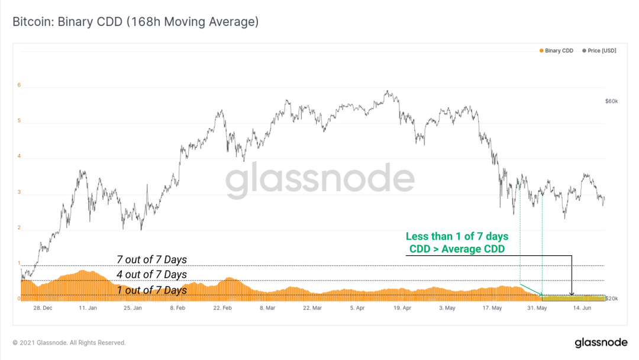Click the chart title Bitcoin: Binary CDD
[x=135, y=22]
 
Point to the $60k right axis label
[x=611, y=101]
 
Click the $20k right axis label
[x=611, y=298]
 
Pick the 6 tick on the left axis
[x=19, y=85]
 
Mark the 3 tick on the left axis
[x=19, y=192]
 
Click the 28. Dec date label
[x=42, y=308]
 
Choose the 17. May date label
[x=492, y=308]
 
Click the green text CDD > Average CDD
[x=457, y=249]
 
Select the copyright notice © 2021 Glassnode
[x=69, y=343]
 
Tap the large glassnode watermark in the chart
[x=319, y=181]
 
